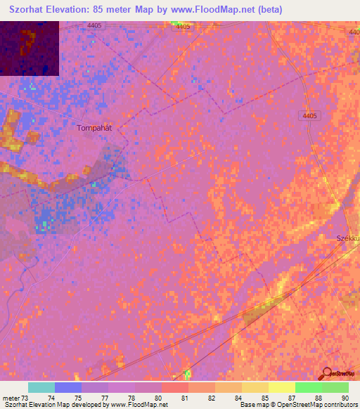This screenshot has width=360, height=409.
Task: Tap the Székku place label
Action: [347, 239]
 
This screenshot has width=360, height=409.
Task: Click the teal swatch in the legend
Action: [41, 387]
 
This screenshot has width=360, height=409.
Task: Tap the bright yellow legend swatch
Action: [281, 387]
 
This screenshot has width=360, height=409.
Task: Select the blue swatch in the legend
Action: [68, 387]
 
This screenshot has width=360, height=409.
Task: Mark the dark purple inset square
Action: [30, 48]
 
